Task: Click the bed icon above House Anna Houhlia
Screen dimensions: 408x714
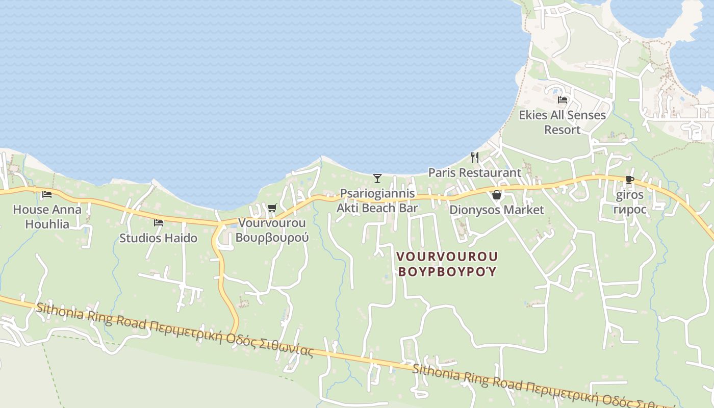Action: point(47,194)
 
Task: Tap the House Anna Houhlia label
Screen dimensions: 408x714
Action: point(47,216)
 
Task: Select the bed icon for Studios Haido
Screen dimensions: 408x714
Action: point(159,222)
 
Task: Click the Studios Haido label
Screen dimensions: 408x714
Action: point(159,238)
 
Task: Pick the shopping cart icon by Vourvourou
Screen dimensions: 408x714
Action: point(272,208)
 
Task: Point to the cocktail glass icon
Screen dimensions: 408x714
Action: point(377,178)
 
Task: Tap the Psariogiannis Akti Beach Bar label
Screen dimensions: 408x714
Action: point(377,201)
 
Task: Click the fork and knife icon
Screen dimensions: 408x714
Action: point(475,157)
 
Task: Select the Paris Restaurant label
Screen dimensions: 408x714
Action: point(475,172)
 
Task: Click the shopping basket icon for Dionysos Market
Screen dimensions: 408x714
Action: point(497,195)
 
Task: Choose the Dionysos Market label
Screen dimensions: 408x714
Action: point(497,210)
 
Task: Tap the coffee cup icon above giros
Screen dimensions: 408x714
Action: point(629,180)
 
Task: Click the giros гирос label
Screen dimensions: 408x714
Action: point(630,202)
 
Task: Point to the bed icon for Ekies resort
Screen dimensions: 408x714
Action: point(563,100)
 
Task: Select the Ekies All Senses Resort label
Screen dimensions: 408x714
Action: point(563,122)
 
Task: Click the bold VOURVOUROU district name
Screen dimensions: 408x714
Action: point(447,256)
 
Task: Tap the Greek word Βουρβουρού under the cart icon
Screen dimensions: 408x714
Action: point(273,238)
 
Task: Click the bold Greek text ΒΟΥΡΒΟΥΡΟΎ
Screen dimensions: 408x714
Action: point(447,271)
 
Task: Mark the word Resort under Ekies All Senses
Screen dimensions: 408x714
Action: point(563,130)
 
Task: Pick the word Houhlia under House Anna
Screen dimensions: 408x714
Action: point(47,224)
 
